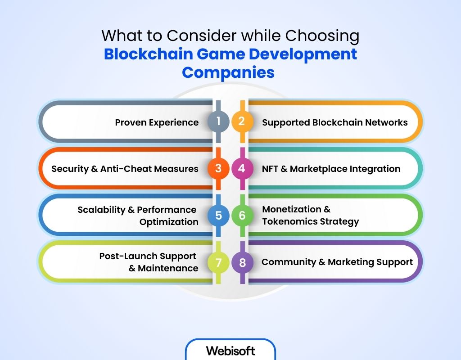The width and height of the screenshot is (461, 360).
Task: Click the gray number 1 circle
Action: (x=218, y=121)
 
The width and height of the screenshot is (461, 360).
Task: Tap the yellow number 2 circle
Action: (x=242, y=121)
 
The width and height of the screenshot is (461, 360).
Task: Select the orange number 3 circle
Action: (x=218, y=168)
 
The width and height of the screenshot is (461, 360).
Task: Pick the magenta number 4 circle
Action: (x=242, y=168)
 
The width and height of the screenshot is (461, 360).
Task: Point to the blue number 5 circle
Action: (x=218, y=216)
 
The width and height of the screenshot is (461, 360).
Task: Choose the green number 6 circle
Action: (x=242, y=216)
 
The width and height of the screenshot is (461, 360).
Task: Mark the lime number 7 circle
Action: (x=218, y=262)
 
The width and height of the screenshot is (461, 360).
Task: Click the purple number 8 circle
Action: (x=242, y=262)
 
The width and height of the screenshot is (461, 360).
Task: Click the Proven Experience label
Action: (x=157, y=122)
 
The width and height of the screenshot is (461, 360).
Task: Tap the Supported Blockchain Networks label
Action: (x=335, y=122)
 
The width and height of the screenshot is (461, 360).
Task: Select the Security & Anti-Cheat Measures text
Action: (x=125, y=169)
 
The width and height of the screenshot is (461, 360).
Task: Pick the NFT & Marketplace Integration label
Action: (x=331, y=169)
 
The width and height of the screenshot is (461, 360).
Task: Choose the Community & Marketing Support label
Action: (x=337, y=262)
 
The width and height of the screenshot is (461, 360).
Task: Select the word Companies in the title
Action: (x=228, y=72)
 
